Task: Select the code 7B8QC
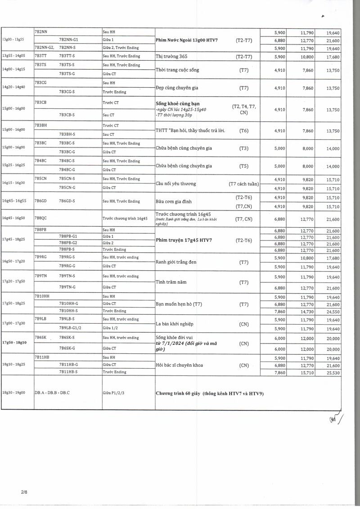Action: (41, 218)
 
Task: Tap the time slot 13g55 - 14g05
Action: (13, 56)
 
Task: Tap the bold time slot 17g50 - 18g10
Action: (14, 343)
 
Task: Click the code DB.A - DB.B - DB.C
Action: (52, 393)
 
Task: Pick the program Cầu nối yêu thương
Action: (176, 183)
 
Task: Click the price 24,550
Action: (333, 311)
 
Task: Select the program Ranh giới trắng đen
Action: (175, 262)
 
